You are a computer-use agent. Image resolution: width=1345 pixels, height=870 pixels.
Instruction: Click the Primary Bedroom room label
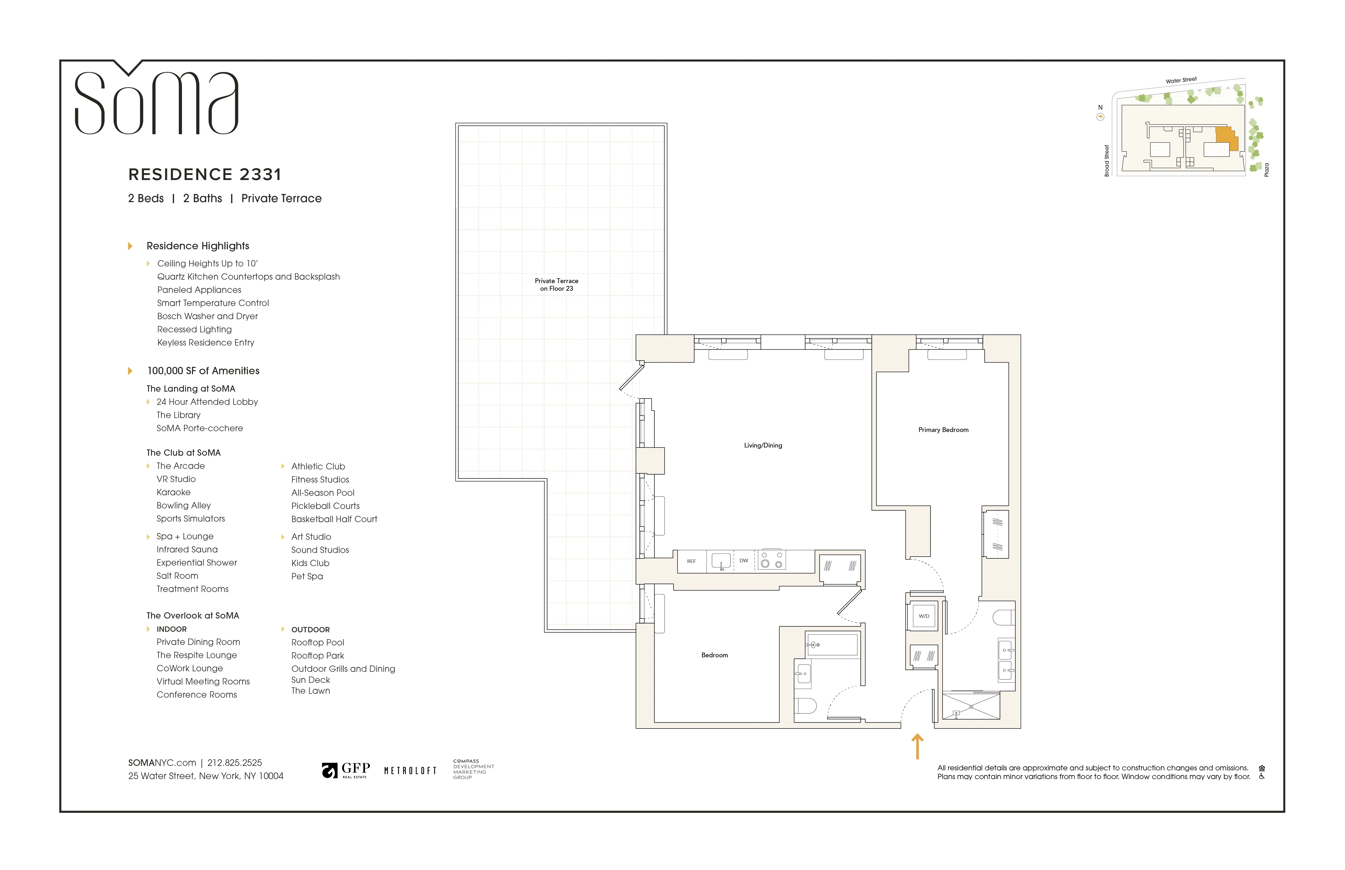click(x=943, y=430)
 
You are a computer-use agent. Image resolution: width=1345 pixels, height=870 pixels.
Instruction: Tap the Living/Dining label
click(x=763, y=445)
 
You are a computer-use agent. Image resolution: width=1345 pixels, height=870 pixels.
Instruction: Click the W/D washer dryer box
click(x=923, y=616)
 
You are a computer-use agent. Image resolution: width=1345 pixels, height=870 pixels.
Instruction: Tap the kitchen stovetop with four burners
click(x=771, y=560)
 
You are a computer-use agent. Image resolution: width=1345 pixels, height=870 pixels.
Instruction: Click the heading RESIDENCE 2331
click(x=205, y=174)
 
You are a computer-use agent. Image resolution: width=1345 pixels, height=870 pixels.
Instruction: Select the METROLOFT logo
click(x=410, y=771)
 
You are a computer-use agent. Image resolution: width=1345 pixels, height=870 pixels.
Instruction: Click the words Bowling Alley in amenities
click(x=184, y=506)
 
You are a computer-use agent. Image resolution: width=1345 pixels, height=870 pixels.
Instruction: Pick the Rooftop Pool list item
click(x=318, y=642)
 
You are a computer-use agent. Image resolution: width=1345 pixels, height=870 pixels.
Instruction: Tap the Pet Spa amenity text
click(x=307, y=576)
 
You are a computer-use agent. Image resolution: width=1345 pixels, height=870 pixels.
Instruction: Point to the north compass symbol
click(x=1100, y=117)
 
